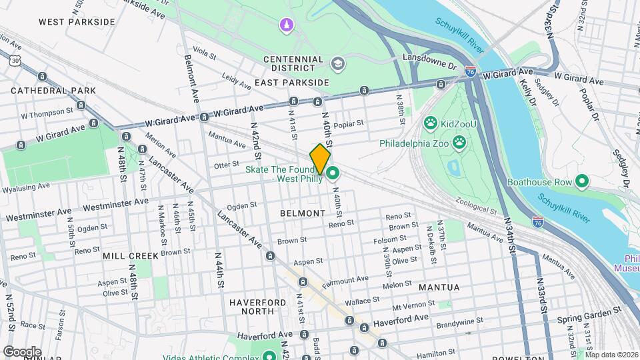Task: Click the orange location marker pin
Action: [320, 159]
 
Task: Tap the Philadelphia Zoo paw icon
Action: [459, 141]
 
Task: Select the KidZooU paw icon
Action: [430, 123]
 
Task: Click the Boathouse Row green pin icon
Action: [581, 181]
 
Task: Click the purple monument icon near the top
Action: [286, 25]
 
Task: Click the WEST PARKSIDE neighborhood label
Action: [77, 22]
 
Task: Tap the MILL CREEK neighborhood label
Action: [131, 256]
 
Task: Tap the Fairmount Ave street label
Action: [345, 282]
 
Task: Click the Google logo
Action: [22, 351]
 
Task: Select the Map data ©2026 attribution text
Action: [611, 355]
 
